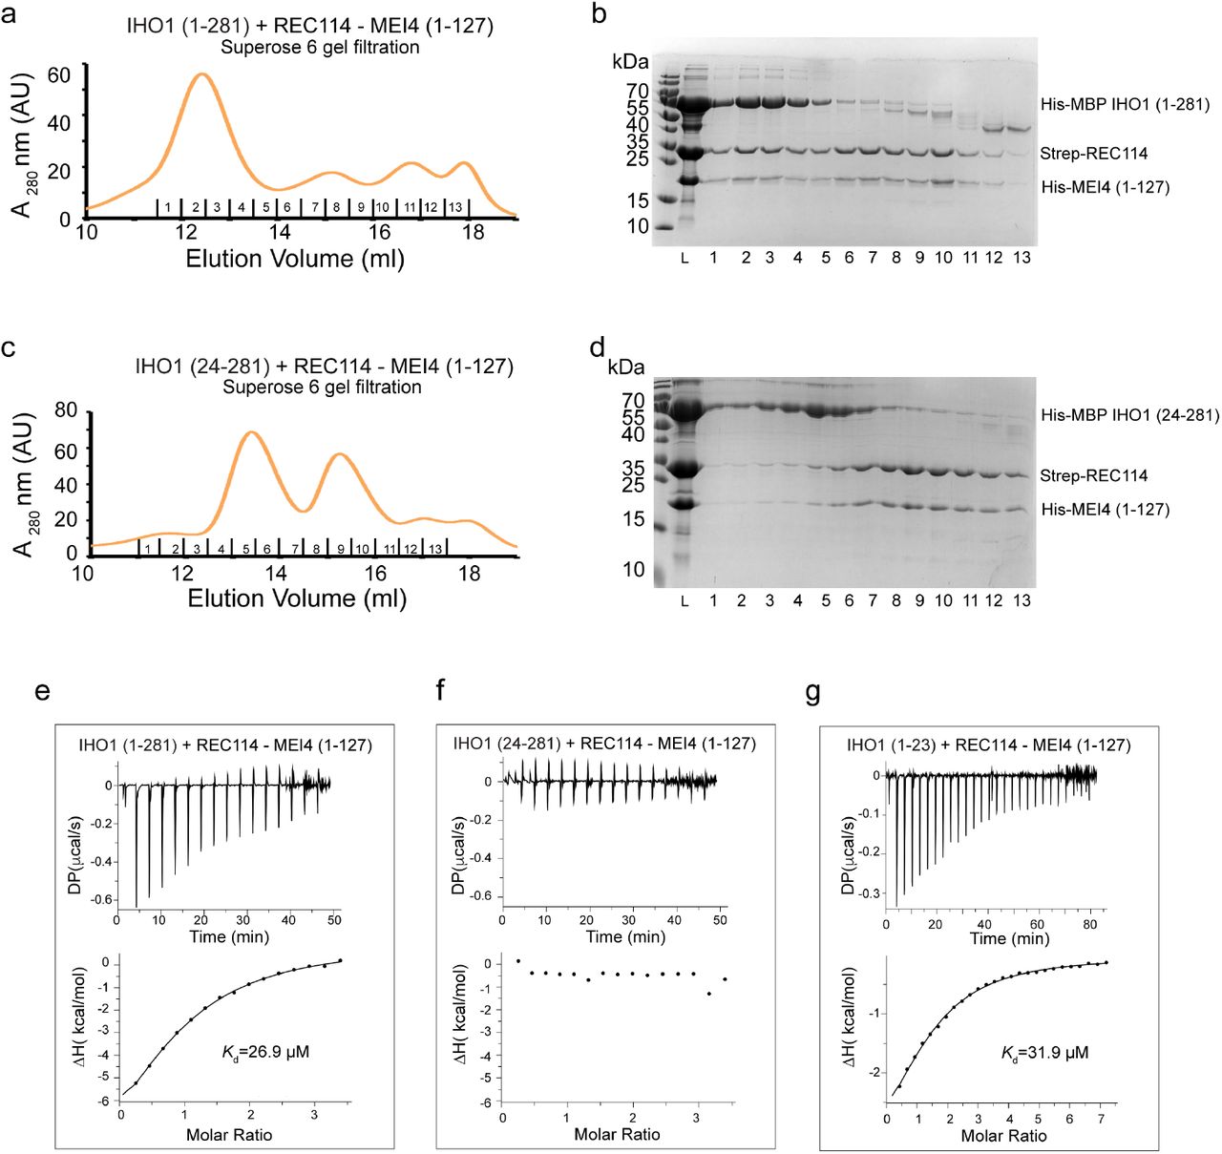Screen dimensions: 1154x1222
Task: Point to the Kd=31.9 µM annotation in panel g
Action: (1044, 1053)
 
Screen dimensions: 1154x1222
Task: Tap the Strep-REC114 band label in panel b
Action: (1093, 153)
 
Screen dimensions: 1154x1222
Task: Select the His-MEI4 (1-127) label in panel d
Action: (1105, 509)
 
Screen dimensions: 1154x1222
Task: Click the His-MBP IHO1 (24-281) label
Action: (1129, 415)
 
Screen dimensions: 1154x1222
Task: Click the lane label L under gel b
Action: (685, 258)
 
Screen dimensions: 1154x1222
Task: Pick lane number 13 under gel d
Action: (1022, 600)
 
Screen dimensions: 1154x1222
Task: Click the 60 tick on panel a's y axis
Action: (59, 74)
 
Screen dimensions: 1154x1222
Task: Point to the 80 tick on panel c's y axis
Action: (66, 410)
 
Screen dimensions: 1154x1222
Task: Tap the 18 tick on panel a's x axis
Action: (474, 232)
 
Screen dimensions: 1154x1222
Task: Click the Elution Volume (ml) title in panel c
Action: (297, 598)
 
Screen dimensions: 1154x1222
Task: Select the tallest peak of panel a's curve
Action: (200, 73)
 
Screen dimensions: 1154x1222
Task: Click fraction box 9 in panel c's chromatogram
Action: (341, 549)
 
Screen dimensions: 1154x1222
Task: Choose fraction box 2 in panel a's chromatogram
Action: (195, 207)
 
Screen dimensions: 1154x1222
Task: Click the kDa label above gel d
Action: (625, 367)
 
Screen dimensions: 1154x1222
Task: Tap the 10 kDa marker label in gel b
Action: (638, 226)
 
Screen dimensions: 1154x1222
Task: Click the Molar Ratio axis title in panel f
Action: (617, 1134)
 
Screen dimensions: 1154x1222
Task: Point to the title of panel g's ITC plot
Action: (988, 745)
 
